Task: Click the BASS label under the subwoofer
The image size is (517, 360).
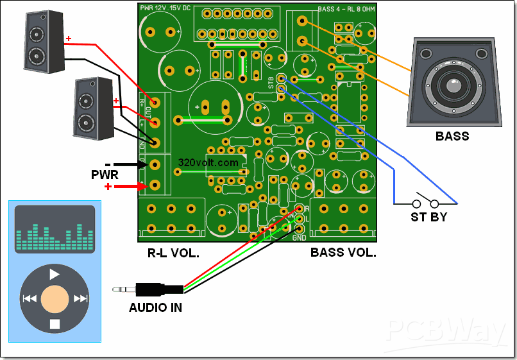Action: click(452, 136)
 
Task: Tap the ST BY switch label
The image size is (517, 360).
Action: click(428, 218)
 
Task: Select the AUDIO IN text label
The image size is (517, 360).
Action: click(155, 308)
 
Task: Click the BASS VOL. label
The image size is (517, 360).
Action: click(343, 253)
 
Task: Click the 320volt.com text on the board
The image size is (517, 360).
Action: click(208, 163)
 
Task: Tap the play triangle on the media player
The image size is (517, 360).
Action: click(55, 274)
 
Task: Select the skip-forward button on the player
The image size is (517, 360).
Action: click(80, 298)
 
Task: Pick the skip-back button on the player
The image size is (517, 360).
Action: click(30, 298)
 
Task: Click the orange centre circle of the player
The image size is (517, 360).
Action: click(55, 298)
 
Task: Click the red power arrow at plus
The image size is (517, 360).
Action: click(132, 186)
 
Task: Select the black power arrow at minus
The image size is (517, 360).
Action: click(132, 165)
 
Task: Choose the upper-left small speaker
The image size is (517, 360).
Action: click(44, 42)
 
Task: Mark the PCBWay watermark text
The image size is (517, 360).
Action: click(445, 330)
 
